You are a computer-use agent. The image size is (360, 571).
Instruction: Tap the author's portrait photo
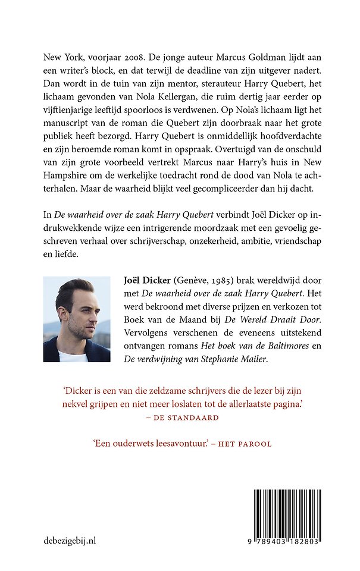coord(77,319)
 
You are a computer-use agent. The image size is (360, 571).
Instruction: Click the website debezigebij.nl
coord(70,540)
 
